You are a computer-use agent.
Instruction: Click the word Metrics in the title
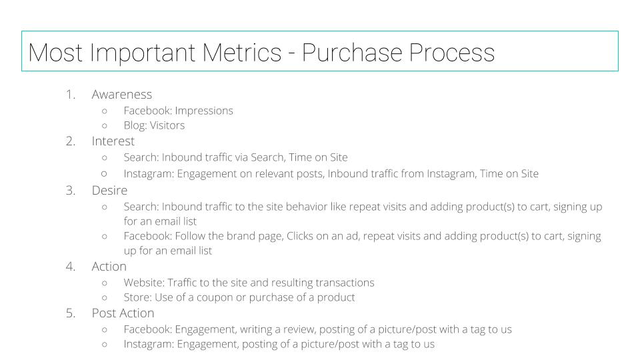pos(242,53)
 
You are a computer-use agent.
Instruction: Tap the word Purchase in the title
pos(352,53)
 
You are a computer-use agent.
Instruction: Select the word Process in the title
pos(452,53)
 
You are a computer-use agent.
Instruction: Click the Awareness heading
pos(121,94)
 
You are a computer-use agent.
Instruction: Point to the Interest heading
pos(113,141)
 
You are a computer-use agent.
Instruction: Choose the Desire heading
pos(109,190)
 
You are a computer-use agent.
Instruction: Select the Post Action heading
pos(123,313)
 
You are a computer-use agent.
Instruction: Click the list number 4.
pos(70,267)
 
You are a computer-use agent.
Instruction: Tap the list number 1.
pos(70,94)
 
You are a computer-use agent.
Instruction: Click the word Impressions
pos(204,111)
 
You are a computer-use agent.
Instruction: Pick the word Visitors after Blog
pos(167,125)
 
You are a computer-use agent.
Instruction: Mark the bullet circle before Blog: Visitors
pos(105,126)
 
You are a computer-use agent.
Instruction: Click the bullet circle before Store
pos(105,297)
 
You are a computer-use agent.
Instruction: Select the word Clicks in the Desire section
pos(299,236)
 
